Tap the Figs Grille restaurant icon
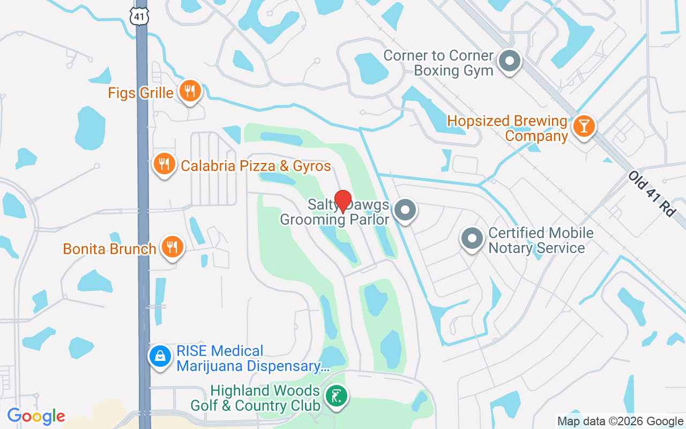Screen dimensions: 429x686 (x=189, y=91)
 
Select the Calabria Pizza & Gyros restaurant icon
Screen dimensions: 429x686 (x=164, y=165)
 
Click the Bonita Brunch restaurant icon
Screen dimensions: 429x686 (x=171, y=247)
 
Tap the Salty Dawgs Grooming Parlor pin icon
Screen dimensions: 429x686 (x=405, y=210)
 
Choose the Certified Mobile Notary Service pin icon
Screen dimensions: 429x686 (x=472, y=239)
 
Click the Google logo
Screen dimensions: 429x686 (x=36, y=416)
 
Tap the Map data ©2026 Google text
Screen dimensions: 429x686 (x=620, y=421)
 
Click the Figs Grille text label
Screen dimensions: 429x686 (x=140, y=93)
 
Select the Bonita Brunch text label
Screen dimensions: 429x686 (x=109, y=249)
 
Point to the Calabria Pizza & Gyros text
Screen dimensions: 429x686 (x=256, y=166)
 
